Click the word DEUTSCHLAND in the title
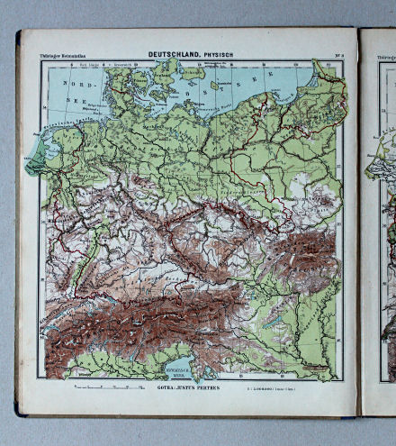click(175, 55)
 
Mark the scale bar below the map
click(108, 387)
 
